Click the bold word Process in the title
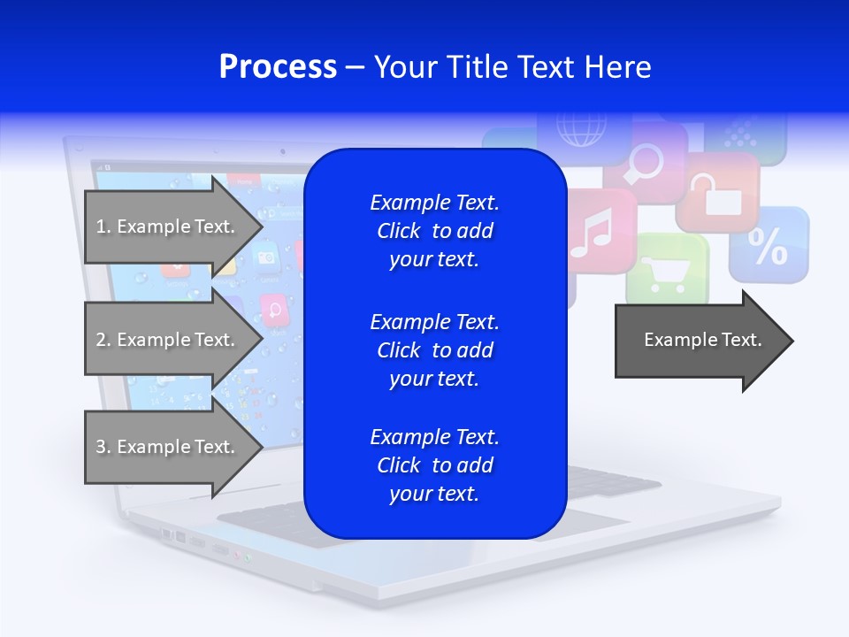point(278,67)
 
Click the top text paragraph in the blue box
point(434,231)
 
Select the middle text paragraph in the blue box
point(434,350)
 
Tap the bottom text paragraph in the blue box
point(434,465)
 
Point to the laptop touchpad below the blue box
point(265,526)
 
